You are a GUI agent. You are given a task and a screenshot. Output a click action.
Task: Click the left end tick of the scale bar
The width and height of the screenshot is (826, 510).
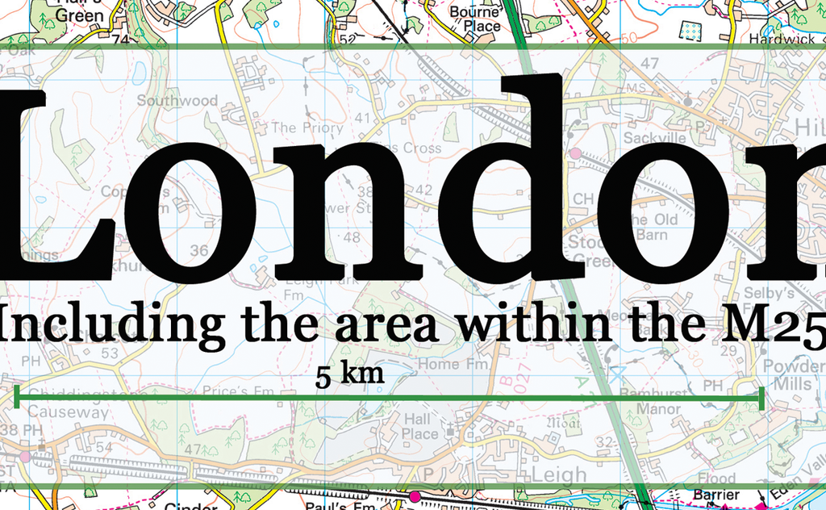coord(17,397)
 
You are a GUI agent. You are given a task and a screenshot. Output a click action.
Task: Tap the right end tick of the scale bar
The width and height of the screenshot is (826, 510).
coord(761,398)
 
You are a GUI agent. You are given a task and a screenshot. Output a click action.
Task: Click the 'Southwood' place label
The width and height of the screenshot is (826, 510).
coord(177,101)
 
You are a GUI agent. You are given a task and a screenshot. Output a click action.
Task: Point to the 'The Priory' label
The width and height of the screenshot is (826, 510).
coord(307,127)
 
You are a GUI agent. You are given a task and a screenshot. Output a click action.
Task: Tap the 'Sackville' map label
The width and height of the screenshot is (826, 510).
coord(654,138)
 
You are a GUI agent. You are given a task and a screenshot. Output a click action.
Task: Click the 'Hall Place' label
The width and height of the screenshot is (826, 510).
coord(420,426)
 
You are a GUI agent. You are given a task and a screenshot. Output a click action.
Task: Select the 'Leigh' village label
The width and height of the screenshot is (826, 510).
coord(558,474)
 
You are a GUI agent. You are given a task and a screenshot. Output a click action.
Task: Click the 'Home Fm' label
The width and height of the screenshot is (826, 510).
coord(453,364)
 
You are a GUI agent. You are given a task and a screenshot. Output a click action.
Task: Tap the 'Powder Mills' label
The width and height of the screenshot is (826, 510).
coord(793,375)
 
